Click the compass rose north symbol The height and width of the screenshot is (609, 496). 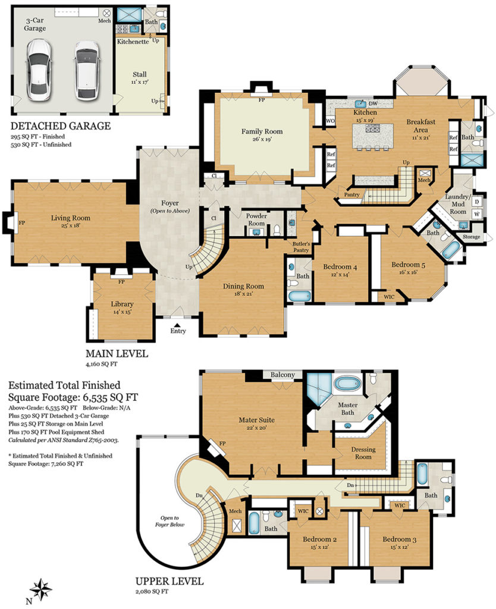coord(41,589)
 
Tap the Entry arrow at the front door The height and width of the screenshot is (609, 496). coord(177,325)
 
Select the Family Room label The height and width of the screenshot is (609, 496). coord(262,131)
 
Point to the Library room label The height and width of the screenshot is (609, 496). coord(122,304)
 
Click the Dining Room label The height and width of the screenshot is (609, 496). coord(243,286)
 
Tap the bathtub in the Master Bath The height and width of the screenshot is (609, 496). coord(348,384)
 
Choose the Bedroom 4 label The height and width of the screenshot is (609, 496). coord(340,267)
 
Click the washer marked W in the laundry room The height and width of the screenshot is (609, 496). coord(477,214)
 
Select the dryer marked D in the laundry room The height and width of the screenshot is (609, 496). coord(477,202)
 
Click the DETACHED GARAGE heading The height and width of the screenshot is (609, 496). coord(61,126)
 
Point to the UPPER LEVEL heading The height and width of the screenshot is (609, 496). coord(169,582)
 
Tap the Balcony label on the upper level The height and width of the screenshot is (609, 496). coord(282,375)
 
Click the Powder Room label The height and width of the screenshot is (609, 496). coord(256,219)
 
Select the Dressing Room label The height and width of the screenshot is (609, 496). coord(363,453)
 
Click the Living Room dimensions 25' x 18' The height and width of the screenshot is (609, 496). coord(70,225)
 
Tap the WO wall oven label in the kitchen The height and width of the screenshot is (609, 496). coord(329,121)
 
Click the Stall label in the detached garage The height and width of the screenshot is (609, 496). coord(139,74)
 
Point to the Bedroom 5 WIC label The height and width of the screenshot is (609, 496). coord(389,297)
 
